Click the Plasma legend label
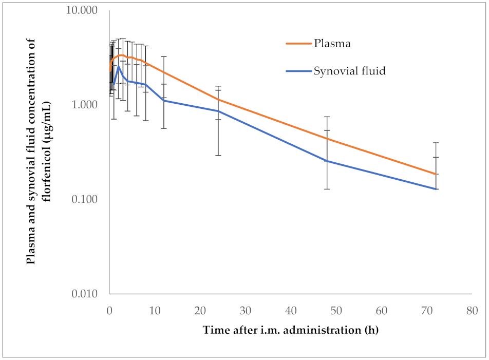tap(332, 44)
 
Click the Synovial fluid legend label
tap(349, 71)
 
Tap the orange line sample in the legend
tap(299, 44)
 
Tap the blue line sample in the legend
tap(299, 71)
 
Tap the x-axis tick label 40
tap(291, 311)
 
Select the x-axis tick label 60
tap(382, 311)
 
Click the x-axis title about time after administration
tap(290, 330)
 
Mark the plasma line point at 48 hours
tap(327, 139)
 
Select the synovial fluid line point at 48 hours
tap(327, 161)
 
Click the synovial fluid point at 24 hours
tap(218, 111)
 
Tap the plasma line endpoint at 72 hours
tap(436, 174)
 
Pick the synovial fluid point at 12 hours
tap(164, 100)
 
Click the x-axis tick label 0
tap(109, 311)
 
